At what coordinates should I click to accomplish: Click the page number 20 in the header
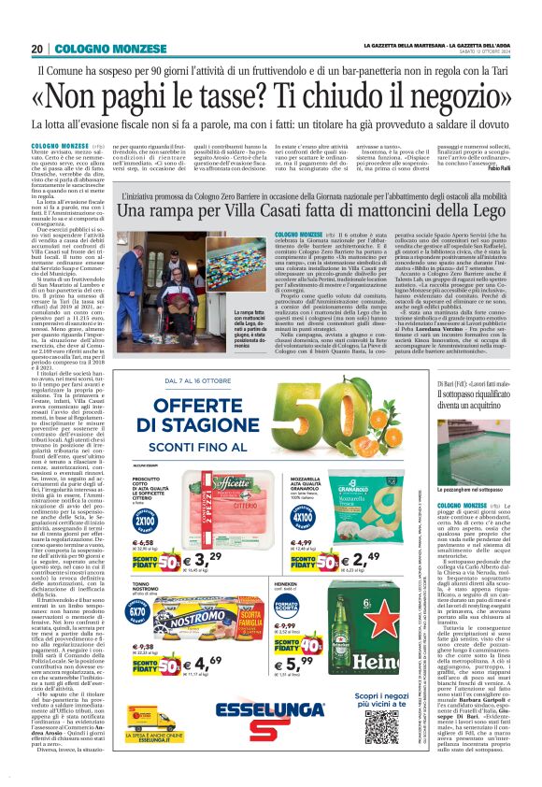37,49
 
